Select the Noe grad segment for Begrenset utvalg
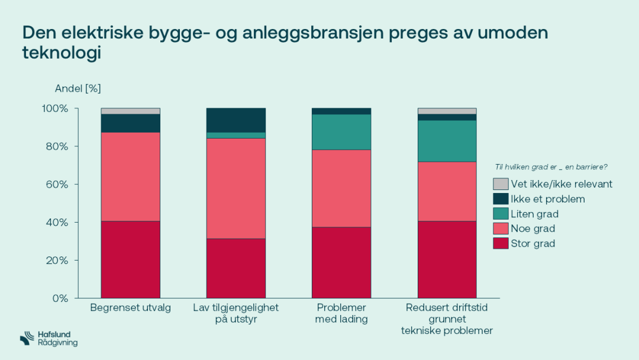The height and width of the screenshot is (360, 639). [130, 176]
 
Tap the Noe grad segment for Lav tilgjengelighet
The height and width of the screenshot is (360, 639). [235, 188]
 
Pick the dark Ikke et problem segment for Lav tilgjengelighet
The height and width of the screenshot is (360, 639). [235, 120]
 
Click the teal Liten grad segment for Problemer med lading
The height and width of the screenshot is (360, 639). [341, 132]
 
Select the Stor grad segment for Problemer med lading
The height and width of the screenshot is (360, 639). [341, 262]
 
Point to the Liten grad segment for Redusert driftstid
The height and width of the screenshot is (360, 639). [447, 141]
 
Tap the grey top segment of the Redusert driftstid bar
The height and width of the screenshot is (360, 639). [447, 111]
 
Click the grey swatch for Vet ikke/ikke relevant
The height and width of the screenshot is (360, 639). [501, 184]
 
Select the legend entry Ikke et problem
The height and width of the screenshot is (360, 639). [547, 199]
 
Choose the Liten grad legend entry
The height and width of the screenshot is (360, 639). [534, 214]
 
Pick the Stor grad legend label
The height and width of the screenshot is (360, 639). [532, 243]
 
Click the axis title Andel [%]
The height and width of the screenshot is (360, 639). [78, 89]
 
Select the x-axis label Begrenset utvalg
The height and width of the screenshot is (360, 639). [130, 308]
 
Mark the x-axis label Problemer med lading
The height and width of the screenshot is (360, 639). [341, 313]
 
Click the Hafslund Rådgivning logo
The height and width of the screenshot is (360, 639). [49, 339]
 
